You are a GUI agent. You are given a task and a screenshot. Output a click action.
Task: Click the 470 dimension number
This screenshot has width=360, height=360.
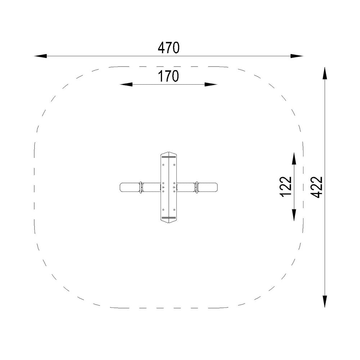point(168,48)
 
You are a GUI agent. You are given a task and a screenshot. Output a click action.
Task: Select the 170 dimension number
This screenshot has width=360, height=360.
point(168,76)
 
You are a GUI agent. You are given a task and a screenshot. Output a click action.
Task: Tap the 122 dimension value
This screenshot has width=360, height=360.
point(286,186)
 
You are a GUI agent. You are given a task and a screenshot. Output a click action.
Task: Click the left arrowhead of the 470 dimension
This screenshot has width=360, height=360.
point(40,56)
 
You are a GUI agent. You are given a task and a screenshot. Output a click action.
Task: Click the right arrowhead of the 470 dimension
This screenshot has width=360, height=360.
point(297,56)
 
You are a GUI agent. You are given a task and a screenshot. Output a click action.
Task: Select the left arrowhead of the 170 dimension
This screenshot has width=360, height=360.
point(126,85)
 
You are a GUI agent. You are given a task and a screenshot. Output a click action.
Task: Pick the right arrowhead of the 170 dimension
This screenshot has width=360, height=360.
point(211,85)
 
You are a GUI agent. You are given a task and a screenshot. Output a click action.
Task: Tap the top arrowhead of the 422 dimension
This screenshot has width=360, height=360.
point(324,73)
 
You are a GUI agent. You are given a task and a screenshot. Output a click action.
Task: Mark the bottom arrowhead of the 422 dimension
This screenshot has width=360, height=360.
point(324,301)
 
